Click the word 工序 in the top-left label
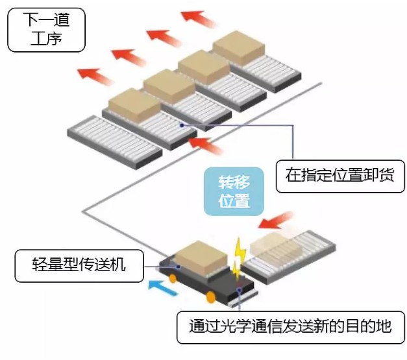[46, 38]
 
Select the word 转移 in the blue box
[234, 178]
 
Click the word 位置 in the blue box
[234, 200]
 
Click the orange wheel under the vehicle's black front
[211, 298]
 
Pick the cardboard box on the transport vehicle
[201, 256]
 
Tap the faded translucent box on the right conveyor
[277, 247]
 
